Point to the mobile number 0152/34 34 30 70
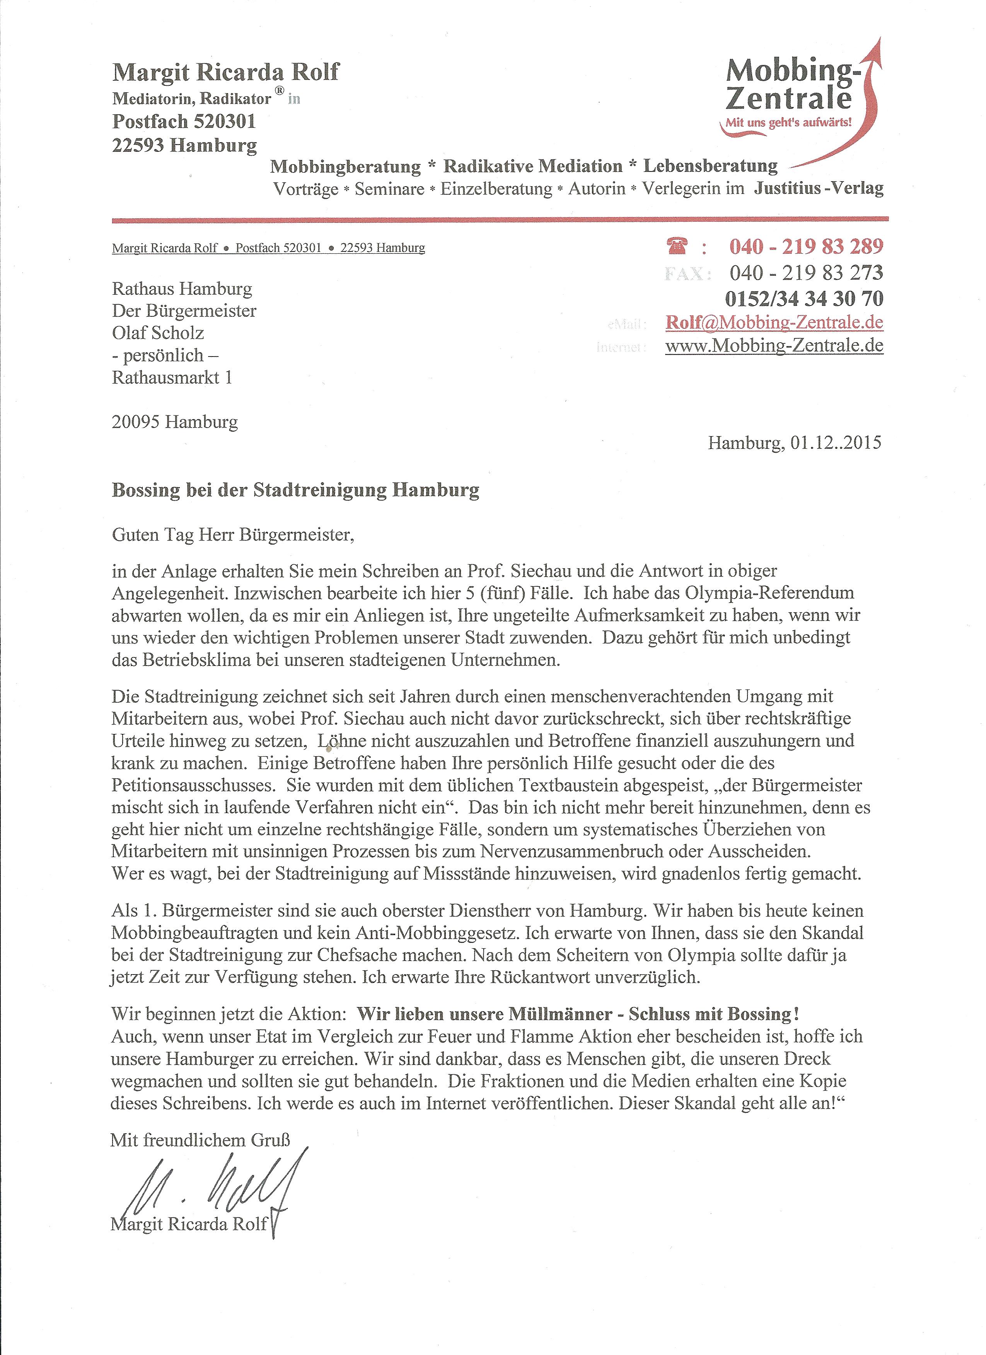803,298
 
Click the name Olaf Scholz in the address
158,333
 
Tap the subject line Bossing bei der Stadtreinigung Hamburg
295,490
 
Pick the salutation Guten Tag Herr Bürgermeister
233,534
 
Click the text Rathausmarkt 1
172,378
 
